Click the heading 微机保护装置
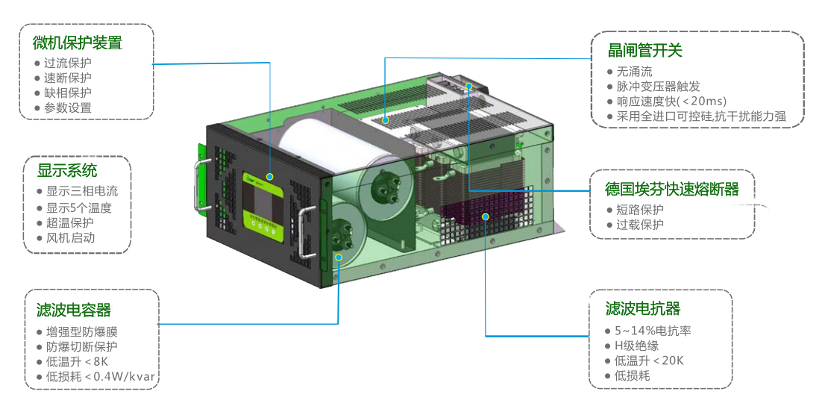tap(78, 43)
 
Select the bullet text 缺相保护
tap(68, 93)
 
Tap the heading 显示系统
tap(67, 171)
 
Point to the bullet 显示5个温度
tap(79, 207)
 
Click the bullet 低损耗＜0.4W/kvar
tap(101, 376)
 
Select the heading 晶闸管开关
tap(645, 51)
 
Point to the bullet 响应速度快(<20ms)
tap(671, 102)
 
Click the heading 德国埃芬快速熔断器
tap(671, 189)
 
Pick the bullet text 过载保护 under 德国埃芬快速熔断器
tap(640, 225)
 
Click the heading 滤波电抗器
tap(643, 309)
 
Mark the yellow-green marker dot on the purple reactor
tap(486, 216)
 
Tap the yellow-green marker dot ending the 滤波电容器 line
tap(339, 257)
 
